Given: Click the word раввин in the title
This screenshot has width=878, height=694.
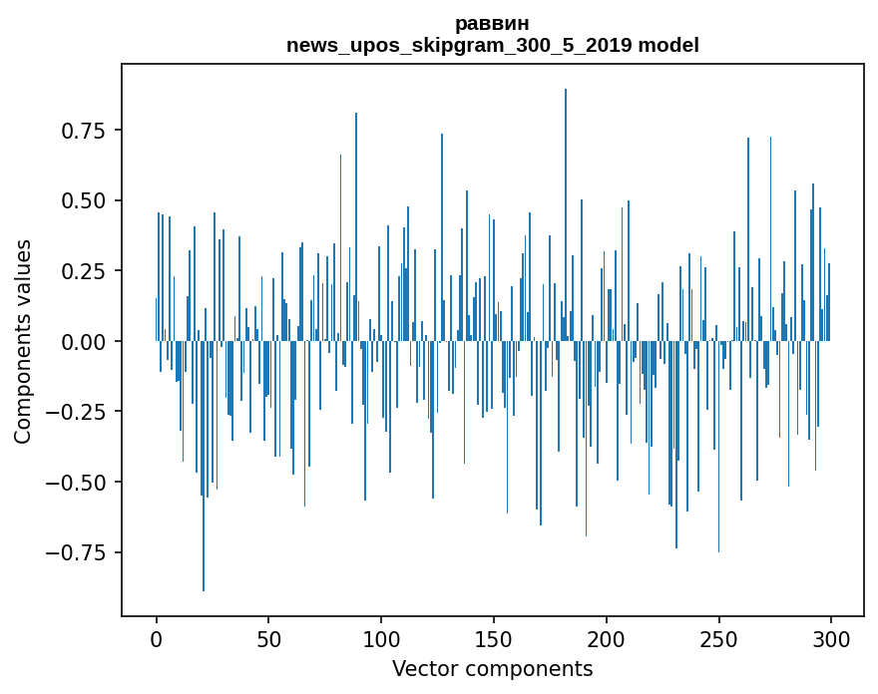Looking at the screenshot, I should (x=492, y=23).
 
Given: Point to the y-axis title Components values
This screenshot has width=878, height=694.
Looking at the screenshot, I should (x=23, y=341).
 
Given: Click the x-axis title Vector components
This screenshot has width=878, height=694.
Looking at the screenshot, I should (x=492, y=669).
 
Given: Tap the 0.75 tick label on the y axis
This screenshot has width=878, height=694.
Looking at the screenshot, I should (x=86, y=131).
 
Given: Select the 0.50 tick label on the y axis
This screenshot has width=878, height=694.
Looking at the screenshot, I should (x=86, y=200).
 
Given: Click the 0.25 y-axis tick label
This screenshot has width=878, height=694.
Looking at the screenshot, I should (x=86, y=271).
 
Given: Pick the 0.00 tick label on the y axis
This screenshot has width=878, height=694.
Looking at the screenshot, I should (x=86, y=341).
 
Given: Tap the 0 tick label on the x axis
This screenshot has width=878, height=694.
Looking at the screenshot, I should (x=157, y=639).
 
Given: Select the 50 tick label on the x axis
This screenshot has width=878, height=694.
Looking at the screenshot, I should (x=268, y=639).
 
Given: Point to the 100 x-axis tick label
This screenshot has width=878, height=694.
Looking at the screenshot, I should (x=381, y=639).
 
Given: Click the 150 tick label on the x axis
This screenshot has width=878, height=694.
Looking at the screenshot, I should (x=494, y=639).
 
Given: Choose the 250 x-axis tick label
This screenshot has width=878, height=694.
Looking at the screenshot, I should (x=718, y=639).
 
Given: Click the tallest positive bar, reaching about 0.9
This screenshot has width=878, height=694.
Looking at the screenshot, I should (x=566, y=199).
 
